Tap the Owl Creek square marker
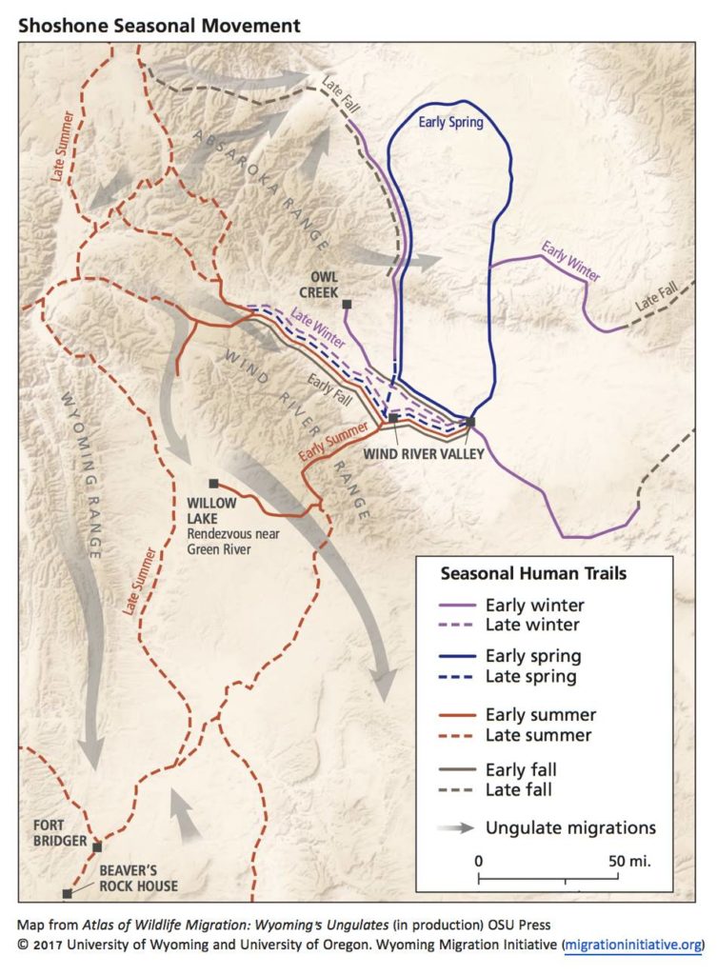point(348,305)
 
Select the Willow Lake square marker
point(213,484)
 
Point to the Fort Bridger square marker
point(96,845)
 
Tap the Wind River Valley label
point(423,453)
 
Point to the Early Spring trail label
point(451,123)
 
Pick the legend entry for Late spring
point(532,677)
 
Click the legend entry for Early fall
point(521,769)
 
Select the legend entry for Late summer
point(538,735)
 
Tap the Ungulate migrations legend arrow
point(455,828)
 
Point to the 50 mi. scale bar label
point(629,860)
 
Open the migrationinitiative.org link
point(632,945)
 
